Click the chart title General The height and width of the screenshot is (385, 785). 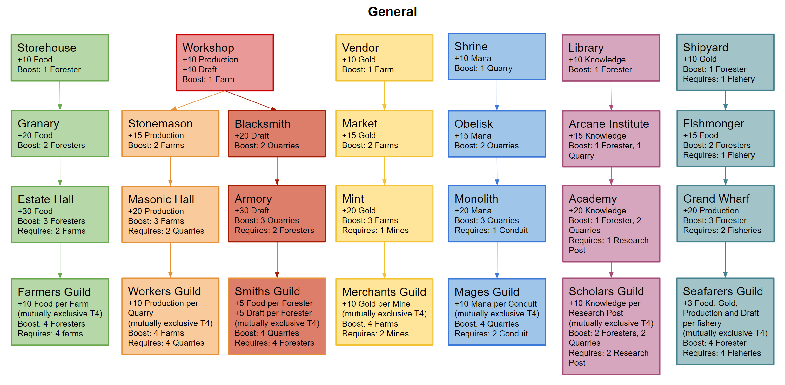pyautogui.click(x=392, y=12)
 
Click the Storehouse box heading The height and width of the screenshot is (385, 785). pyautogui.click(x=47, y=48)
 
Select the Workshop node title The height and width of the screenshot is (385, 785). pyautogui.click(x=208, y=48)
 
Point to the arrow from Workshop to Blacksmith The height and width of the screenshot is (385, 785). pyautogui.click(x=251, y=100)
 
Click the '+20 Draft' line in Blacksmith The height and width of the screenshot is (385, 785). pyautogui.click(x=252, y=136)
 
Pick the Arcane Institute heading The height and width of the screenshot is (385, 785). pyautogui.click(x=609, y=124)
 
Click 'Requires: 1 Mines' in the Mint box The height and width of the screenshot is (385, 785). pyautogui.click(x=375, y=231)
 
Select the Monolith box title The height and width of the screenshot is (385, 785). pyautogui.click(x=476, y=199)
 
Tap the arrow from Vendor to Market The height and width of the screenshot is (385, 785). pyautogui.click(x=384, y=95)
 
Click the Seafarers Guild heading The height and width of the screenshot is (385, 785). pyautogui.click(x=723, y=291)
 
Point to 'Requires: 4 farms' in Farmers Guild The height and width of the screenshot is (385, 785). pyautogui.click(x=50, y=334)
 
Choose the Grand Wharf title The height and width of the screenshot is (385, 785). pyautogui.click(x=716, y=199)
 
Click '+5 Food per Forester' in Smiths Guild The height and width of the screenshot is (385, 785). pyautogui.click(x=273, y=303)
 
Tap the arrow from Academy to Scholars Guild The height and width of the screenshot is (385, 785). pyautogui.click(x=611, y=270)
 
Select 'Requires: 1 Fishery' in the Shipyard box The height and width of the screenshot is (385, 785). pyautogui.click(x=719, y=79)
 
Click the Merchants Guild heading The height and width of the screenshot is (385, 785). pyautogui.click(x=384, y=292)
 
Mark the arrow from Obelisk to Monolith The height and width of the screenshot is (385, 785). pyautogui.click(x=497, y=171)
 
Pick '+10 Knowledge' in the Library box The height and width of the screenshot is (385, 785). pyautogui.click(x=597, y=60)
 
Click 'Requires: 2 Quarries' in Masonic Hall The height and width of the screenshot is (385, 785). pyautogui.click(x=166, y=231)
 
